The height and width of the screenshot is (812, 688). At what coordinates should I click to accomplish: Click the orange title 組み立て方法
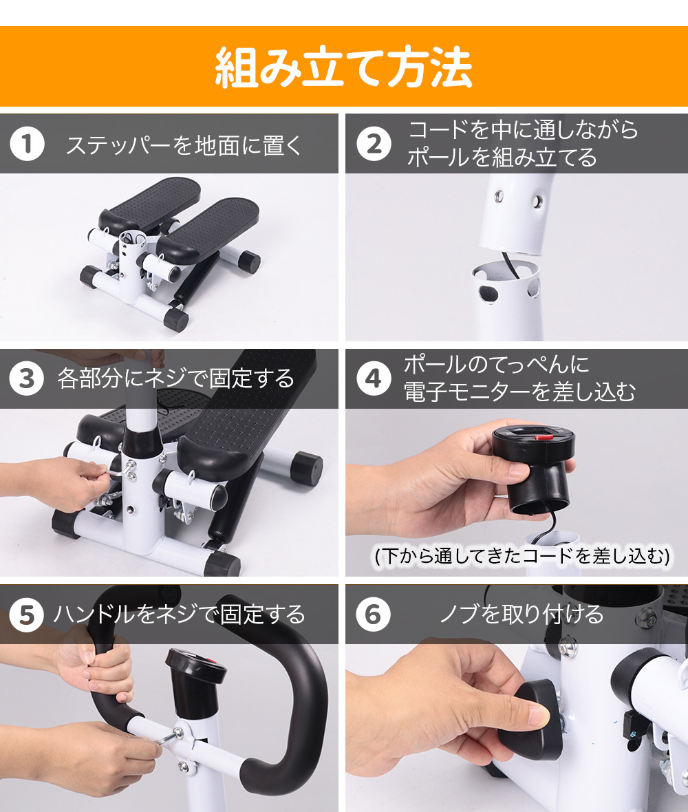[344, 67]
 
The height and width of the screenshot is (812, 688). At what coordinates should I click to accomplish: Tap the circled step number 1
[27, 143]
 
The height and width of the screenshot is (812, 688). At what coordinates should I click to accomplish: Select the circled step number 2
[374, 143]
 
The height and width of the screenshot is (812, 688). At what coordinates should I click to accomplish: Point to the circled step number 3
[27, 378]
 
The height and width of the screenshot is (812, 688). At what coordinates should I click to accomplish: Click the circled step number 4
[374, 378]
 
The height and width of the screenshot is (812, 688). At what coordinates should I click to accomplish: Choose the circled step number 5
[27, 615]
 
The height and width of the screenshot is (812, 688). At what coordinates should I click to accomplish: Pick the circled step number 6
[374, 615]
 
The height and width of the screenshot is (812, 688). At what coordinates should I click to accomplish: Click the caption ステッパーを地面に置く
[184, 145]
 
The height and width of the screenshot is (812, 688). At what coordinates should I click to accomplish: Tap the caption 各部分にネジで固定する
[176, 378]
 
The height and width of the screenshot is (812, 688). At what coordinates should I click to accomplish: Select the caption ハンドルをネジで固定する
[180, 615]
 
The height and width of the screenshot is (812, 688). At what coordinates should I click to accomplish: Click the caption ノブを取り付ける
[522, 615]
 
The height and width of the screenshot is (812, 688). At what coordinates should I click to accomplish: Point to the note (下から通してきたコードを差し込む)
[522, 556]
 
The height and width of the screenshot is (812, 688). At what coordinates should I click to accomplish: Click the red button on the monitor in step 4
[544, 437]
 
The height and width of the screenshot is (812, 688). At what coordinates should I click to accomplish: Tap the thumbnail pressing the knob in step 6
[539, 717]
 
